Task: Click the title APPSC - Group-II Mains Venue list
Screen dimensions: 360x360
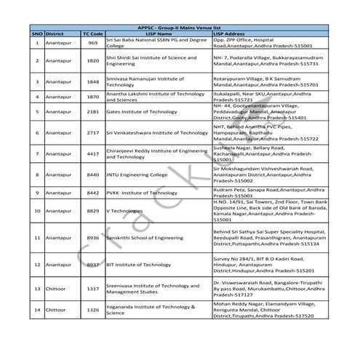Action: click(180, 27)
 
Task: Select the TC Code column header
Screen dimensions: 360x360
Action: click(92, 33)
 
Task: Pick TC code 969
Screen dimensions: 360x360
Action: click(92, 43)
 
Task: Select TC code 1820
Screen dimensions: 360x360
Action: click(92, 61)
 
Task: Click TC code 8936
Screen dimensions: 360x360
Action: click(92, 238)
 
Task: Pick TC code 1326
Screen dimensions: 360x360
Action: click(92, 310)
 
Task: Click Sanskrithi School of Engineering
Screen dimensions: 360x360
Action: click(145, 238)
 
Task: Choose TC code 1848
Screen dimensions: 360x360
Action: click(92, 81)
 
